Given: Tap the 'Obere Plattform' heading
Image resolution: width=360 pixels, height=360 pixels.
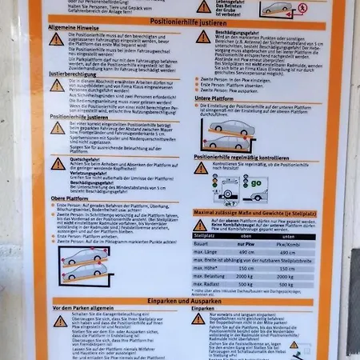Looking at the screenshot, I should coord(70,198).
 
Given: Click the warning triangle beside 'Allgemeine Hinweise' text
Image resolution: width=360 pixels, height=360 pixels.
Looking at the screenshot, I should coord(56,38).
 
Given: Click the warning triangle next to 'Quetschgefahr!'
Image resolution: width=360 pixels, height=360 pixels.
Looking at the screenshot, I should coord(58,163).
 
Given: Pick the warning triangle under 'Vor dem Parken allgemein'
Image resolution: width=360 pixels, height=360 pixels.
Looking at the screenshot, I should coord(61,321).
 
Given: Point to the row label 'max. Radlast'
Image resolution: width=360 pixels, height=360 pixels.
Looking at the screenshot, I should coord(208,283).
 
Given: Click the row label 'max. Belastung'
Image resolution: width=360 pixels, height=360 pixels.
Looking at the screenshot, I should coord(211,274).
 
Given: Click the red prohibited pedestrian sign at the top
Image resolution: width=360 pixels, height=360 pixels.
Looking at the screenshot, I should coord(302,9).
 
